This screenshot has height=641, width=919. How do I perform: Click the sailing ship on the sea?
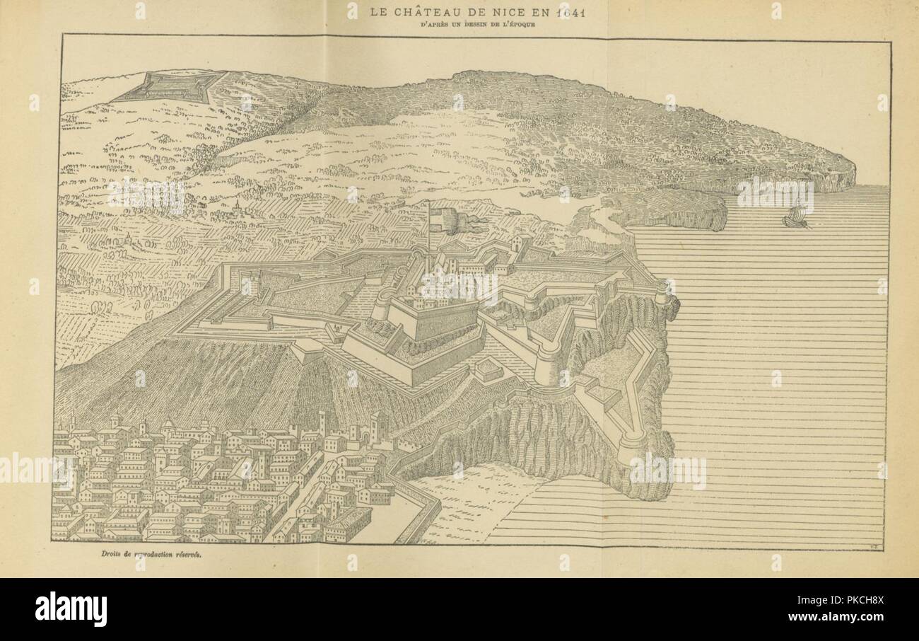point(797,215)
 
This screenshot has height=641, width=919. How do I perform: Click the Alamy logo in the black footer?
point(71,609)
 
